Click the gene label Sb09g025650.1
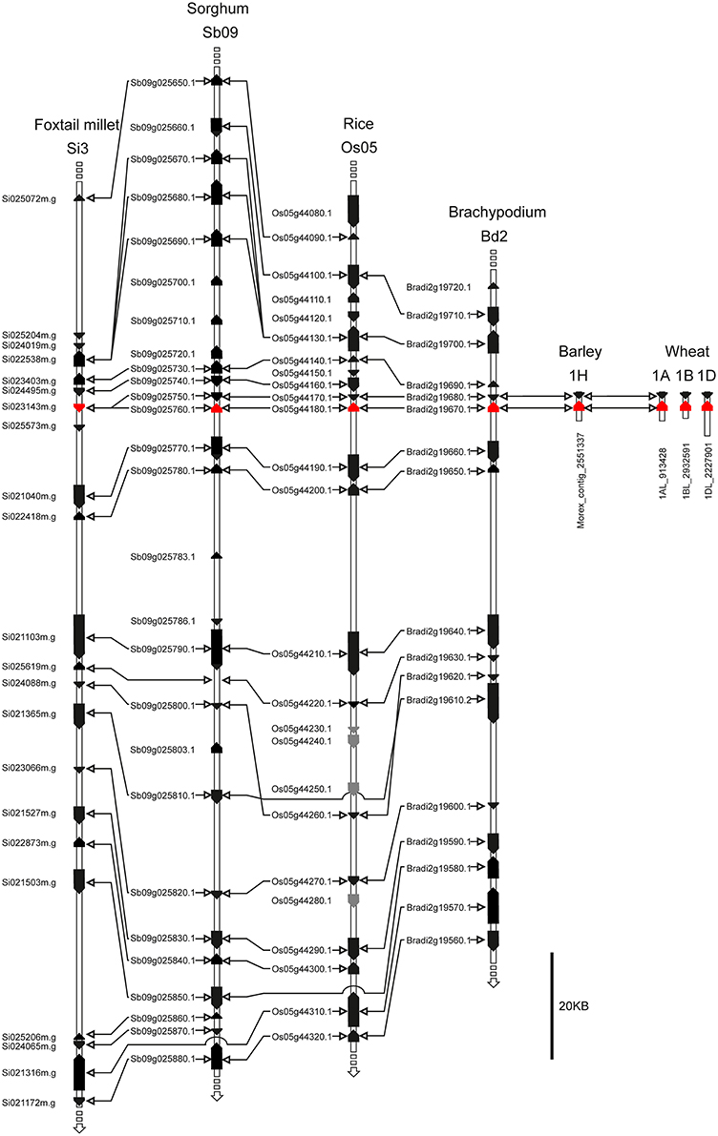click(162, 83)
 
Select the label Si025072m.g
click(30, 199)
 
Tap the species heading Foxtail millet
click(79, 125)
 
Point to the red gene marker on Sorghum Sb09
click(217, 408)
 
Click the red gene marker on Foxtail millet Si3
click(79, 407)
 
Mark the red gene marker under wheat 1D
click(707, 407)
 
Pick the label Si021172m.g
click(30, 1103)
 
